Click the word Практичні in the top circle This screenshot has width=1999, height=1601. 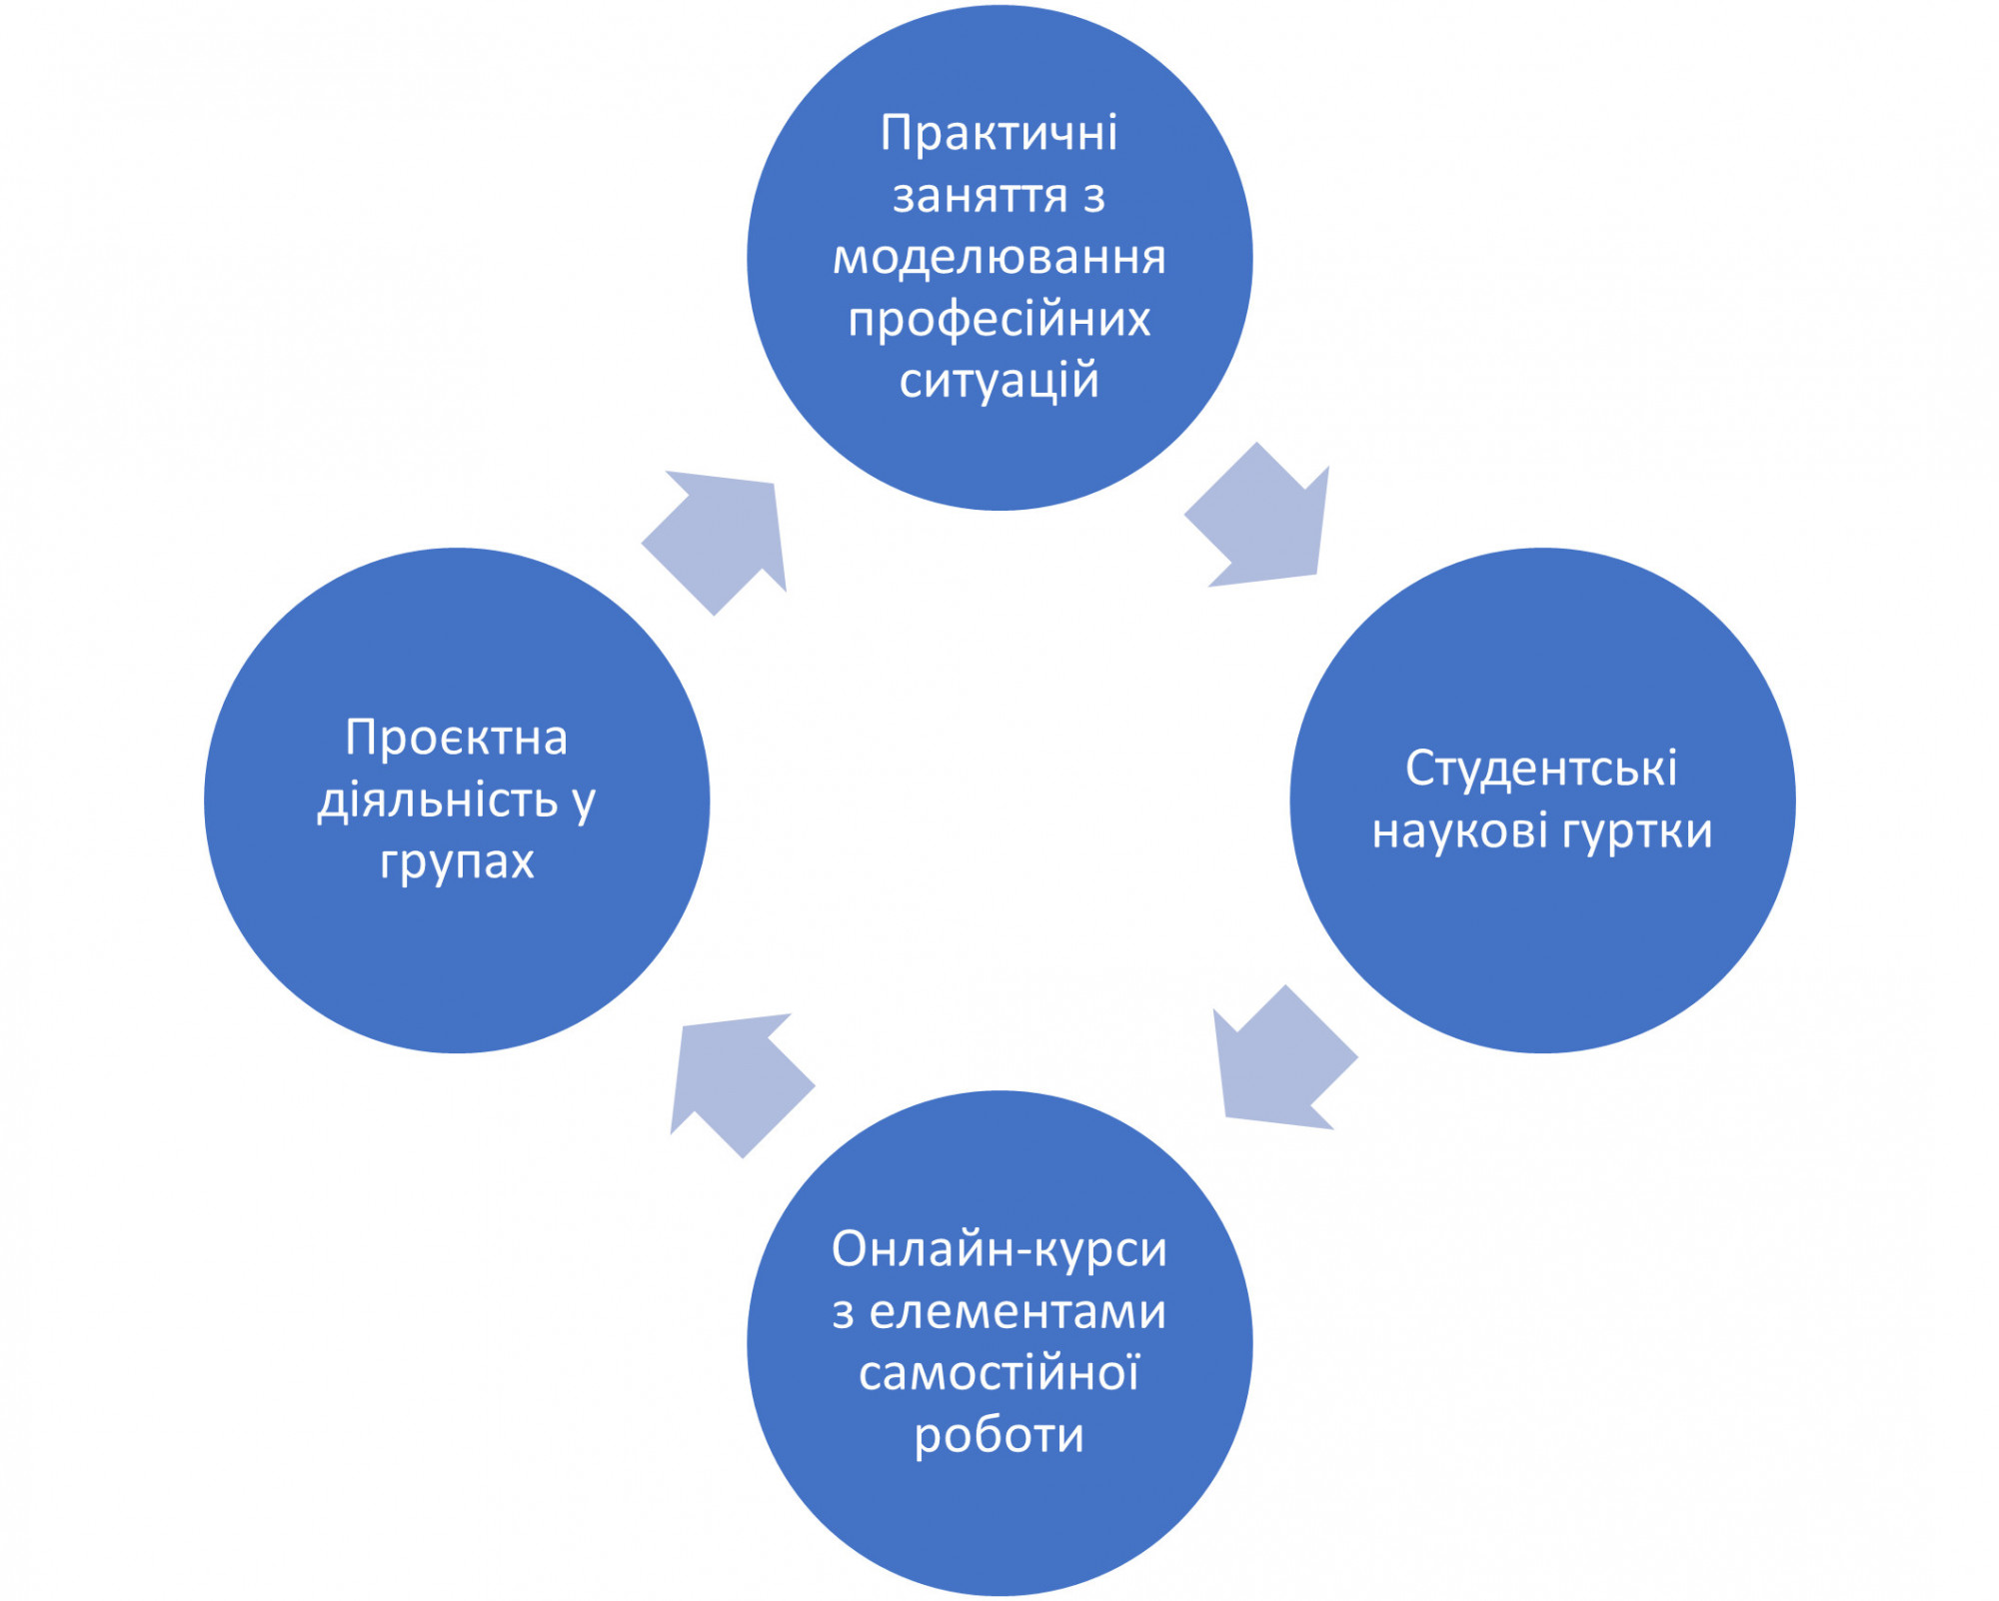999,133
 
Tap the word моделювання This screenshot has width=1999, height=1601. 999,257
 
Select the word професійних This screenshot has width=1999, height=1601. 999,320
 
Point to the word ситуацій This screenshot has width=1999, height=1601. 999,381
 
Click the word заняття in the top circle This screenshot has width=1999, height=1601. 980,196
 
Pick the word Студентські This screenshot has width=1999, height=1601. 1541,769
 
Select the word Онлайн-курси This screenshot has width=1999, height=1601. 999,1249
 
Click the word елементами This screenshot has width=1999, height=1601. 1017,1311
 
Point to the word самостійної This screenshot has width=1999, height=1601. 999,1373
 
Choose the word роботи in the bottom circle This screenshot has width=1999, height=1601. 999,1436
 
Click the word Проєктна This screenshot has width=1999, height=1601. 456,739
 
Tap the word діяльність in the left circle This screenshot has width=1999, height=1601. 437,800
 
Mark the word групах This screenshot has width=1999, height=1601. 457,862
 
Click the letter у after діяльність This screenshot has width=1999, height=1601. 583,802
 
